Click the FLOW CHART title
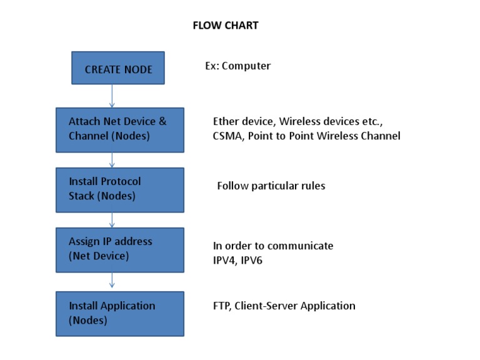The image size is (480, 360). click(x=225, y=26)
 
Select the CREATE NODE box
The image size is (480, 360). click(x=118, y=68)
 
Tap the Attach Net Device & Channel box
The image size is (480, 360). click(x=120, y=129)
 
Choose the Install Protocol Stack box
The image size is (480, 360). click(x=120, y=189)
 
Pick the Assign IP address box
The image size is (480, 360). click(x=120, y=249)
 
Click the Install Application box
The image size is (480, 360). click(x=120, y=314)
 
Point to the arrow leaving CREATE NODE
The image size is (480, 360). click(x=112, y=96)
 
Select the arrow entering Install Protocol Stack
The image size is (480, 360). click(x=112, y=160)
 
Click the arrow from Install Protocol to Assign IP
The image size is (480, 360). click(x=112, y=220)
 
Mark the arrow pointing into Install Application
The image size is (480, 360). click(x=112, y=282)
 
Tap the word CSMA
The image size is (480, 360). click(x=227, y=136)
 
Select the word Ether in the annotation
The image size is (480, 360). click(x=226, y=121)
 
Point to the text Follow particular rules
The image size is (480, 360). click(x=271, y=186)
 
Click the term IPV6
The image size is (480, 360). click(x=251, y=260)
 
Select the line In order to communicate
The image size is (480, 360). click(x=273, y=246)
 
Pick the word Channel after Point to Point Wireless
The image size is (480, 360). click(x=380, y=136)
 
